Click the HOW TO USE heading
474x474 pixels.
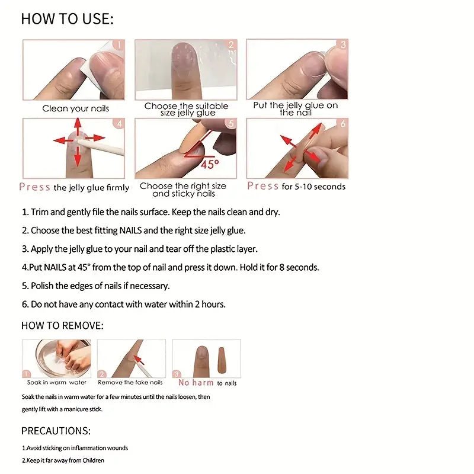(x=67, y=18)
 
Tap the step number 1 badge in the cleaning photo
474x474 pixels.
(x=118, y=45)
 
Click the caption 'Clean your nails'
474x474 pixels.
(x=75, y=108)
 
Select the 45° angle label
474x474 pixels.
(x=209, y=164)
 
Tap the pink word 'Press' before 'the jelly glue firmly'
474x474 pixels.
(x=34, y=187)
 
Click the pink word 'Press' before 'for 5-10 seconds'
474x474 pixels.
(x=262, y=186)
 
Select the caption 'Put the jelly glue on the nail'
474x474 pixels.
(x=296, y=108)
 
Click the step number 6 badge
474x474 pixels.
(x=342, y=123)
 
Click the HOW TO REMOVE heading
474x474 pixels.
(x=62, y=325)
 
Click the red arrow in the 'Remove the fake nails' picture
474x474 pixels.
(x=139, y=358)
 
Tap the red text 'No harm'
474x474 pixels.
(x=196, y=383)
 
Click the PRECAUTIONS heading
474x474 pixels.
(x=56, y=431)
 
